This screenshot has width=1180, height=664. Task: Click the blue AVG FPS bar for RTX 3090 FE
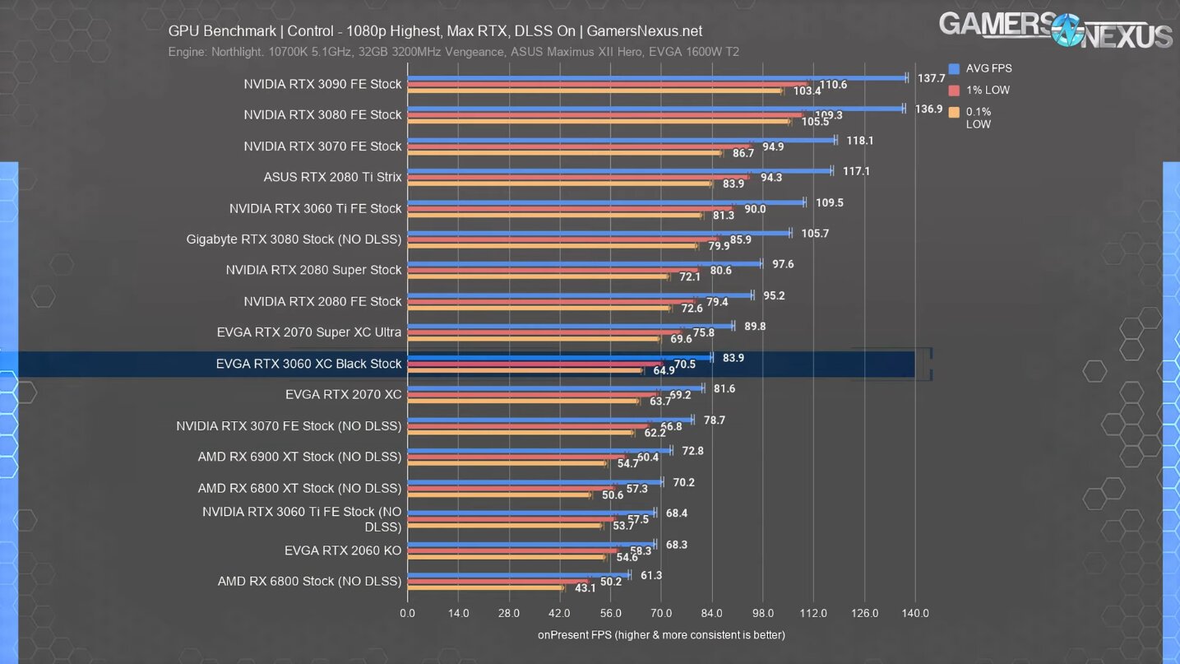[658, 78]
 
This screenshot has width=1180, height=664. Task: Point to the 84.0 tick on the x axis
[712, 614]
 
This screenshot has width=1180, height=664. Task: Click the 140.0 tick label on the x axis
[915, 614]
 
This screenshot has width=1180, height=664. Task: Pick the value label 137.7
[931, 78]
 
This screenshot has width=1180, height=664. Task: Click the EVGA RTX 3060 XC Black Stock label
[308, 364]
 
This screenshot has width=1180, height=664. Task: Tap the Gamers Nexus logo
[1056, 30]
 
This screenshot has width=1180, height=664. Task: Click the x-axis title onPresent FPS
[661, 635]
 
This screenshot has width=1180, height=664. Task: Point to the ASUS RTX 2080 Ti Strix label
[332, 177]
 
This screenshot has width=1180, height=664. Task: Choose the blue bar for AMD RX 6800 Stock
[518, 575]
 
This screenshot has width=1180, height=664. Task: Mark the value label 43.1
[585, 587]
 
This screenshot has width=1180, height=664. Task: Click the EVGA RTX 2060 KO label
[343, 550]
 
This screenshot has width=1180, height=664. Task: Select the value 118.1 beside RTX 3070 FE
[859, 141]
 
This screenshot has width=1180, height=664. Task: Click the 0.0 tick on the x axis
[408, 614]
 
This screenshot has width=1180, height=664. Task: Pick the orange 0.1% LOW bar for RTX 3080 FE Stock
[599, 122]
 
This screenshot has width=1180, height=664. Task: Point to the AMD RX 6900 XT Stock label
[299, 457]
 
